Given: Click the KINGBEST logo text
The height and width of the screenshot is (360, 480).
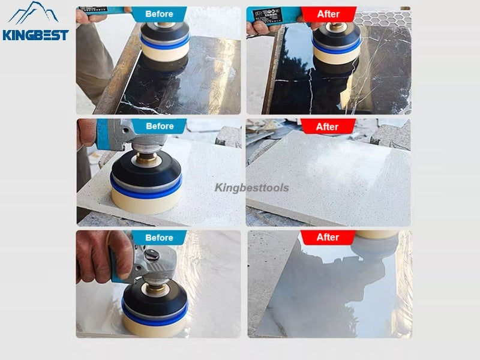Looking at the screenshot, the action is [35, 35].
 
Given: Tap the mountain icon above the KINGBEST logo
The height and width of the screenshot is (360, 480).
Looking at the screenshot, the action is [34, 12].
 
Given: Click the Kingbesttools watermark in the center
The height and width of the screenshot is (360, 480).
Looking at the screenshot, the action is [251, 188].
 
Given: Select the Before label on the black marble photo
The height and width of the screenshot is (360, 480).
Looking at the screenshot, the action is [159, 14].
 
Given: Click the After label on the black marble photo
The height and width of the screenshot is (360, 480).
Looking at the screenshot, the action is [328, 14].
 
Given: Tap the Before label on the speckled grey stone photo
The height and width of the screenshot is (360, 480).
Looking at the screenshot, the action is [160, 126].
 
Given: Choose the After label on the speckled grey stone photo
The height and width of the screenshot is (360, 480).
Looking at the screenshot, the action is [328, 127].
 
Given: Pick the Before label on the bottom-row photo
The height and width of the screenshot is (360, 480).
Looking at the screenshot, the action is [159, 238].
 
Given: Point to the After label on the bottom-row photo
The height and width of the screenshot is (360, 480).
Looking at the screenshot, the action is [328, 238].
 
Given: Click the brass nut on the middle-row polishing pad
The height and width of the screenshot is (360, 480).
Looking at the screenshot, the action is [147, 159].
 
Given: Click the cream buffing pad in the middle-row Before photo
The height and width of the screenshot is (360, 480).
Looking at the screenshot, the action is [146, 200].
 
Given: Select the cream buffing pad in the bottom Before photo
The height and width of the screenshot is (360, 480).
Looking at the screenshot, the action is [154, 324].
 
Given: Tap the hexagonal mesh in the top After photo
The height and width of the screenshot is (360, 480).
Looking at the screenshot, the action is [383, 19].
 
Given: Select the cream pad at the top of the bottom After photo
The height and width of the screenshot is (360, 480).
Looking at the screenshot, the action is [377, 235].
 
